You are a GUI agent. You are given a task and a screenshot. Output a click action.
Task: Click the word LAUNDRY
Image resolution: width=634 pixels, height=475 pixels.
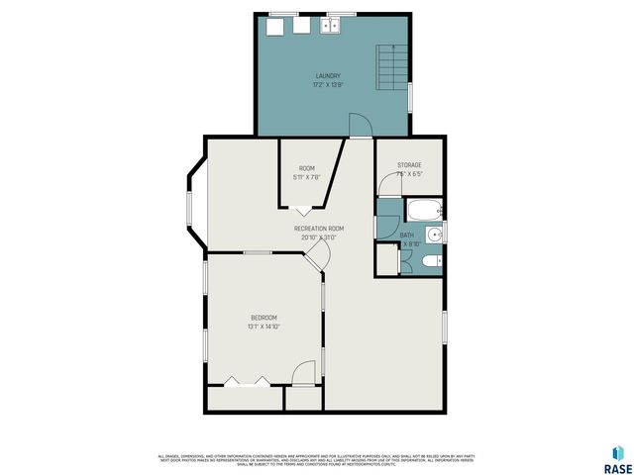tap(328, 76)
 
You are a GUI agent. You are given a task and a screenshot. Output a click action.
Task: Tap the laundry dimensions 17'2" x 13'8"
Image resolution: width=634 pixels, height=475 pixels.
tap(328, 85)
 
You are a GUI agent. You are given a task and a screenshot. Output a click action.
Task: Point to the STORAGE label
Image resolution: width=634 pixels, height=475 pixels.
tap(409, 164)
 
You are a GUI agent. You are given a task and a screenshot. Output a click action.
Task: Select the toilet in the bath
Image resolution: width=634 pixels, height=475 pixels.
tap(428, 261)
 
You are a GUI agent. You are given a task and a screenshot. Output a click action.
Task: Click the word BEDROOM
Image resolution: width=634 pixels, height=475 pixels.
tap(263, 317)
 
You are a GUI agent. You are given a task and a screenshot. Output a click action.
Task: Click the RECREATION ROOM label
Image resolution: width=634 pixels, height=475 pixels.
tap(318, 229)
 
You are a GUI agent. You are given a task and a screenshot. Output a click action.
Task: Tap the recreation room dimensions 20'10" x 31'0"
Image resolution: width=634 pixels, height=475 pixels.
tap(318, 237)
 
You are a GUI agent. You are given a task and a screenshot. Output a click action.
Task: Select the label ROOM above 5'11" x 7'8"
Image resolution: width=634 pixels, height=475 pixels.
tap(307, 168)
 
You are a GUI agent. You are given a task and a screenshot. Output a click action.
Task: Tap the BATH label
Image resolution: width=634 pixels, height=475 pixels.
tap(407, 234)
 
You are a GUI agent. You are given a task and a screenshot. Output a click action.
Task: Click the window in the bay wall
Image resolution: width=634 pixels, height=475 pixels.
tap(188, 211)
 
